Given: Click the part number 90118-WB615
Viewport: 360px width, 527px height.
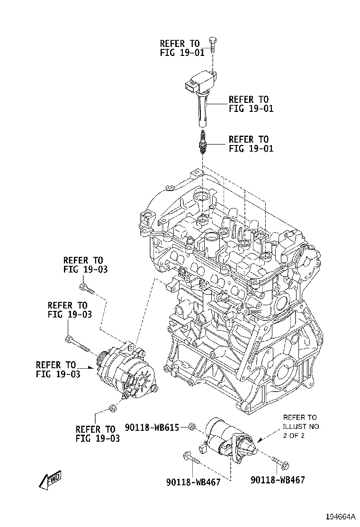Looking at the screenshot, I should point(152,427).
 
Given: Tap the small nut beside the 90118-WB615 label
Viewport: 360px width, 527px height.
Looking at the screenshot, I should point(190,427).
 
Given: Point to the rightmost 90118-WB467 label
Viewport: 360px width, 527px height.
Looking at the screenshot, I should point(277,480).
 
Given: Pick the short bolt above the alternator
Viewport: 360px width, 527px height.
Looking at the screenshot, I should point(87,288).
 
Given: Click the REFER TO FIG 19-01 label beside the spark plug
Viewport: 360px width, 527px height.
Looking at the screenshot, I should point(248,144).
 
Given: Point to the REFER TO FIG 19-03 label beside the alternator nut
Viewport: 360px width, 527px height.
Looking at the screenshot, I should point(98,434).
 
